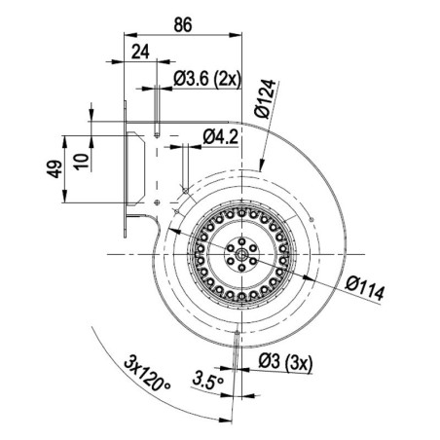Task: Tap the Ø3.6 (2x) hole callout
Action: tap(207, 78)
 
